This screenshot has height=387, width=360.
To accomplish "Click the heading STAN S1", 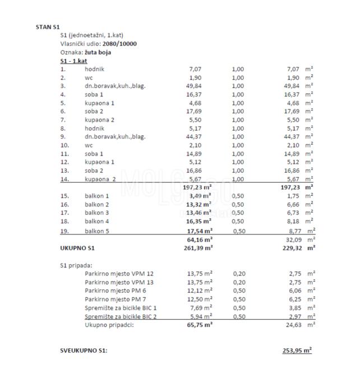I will click(48, 26).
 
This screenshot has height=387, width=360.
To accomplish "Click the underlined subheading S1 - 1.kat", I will click(73, 61).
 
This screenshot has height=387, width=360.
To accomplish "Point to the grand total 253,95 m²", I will click(297, 350).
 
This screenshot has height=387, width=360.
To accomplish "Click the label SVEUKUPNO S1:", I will click(84, 350).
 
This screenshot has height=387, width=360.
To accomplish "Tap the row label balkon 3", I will click(97, 213).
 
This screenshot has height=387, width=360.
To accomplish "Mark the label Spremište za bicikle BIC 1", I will click(121, 307).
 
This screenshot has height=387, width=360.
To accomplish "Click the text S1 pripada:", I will click(76, 264).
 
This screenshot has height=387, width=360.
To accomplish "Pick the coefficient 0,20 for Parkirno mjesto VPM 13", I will click(239, 282).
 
